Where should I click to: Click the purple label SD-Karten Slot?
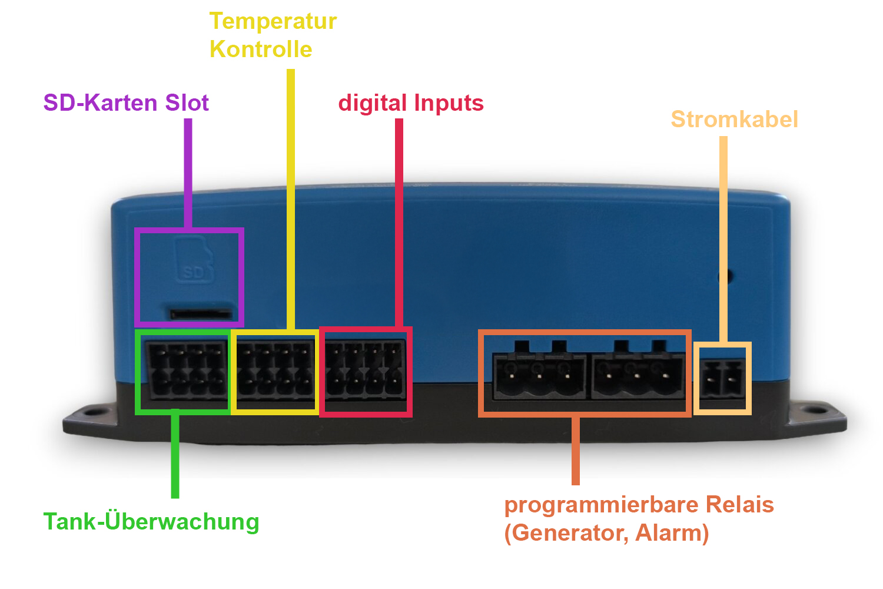tap(126, 102)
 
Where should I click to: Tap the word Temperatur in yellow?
tap(273, 21)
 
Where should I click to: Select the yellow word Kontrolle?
tap(261, 49)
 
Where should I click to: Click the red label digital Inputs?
tap(411, 103)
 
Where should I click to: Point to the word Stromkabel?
tap(735, 119)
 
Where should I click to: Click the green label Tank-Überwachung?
tap(151, 521)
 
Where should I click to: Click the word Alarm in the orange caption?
tap(672, 534)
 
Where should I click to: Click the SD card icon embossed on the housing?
tap(194, 259)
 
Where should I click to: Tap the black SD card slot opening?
tap(201, 314)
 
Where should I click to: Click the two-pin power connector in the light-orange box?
tap(722, 379)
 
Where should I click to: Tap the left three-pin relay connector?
tap(539, 371)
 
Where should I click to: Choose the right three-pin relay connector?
tap(638, 371)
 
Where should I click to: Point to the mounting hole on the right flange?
tap(818, 411)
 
